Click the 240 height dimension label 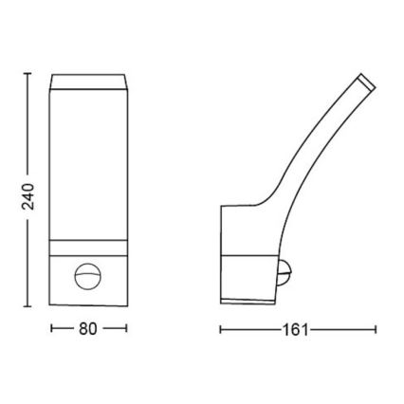tap(28, 195)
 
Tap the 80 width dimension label tap(87, 330)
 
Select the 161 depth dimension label tap(297, 330)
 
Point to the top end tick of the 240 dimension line tap(28, 71)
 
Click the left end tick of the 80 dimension tap(49, 330)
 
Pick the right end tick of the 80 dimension tap(126, 330)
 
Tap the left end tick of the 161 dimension tap(220, 330)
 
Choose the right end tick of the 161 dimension tap(376, 330)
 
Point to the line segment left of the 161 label tap(250, 330)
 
